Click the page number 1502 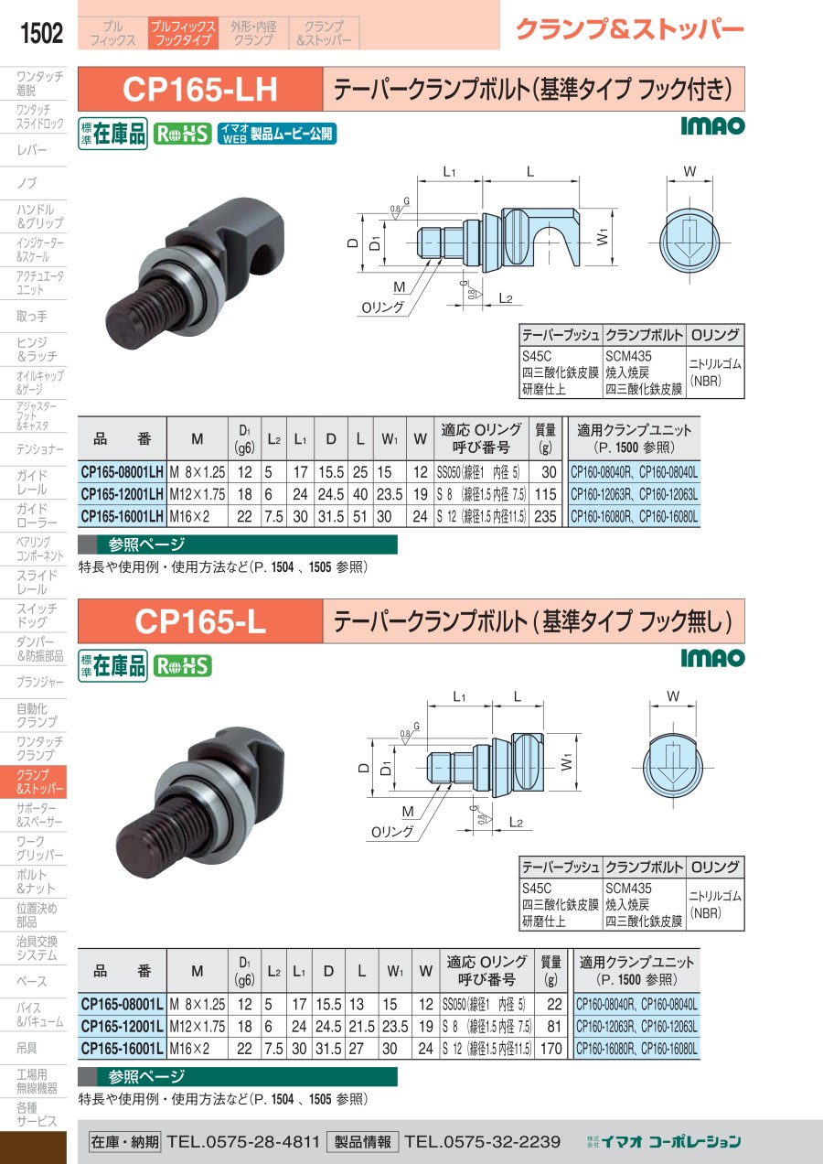click(x=41, y=33)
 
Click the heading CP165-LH click(x=200, y=89)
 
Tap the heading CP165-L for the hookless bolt click(x=200, y=621)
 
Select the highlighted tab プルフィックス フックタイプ click(x=183, y=33)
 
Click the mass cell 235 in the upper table click(x=545, y=516)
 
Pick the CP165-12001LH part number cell click(x=122, y=494)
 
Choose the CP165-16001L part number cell click(x=122, y=1049)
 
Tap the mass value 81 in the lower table click(x=554, y=1027)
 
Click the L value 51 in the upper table click(x=360, y=516)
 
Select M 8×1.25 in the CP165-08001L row click(x=198, y=1004)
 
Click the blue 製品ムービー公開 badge click(x=277, y=135)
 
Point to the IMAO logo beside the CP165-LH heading click(x=712, y=125)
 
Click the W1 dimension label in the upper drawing click(x=603, y=238)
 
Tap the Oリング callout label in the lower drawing click(x=392, y=832)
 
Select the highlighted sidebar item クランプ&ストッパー click(x=33, y=781)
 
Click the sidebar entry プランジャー click(x=39, y=682)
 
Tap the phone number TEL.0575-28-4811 click(x=243, y=1141)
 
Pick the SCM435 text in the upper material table click(x=628, y=357)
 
